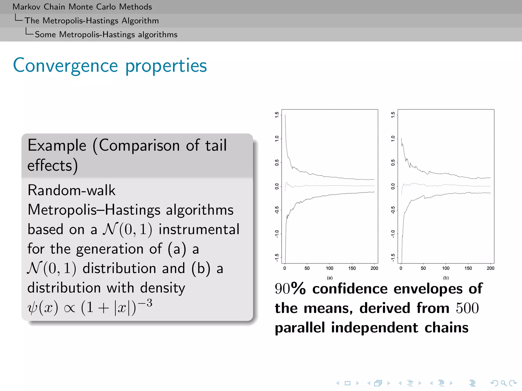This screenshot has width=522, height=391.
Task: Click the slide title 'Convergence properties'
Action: [x=110, y=66]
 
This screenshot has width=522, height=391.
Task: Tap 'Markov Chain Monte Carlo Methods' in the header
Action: [x=82, y=7]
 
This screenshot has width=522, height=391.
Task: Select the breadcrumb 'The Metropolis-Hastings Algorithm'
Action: [x=92, y=21]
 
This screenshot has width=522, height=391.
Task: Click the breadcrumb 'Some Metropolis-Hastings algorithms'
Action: [x=106, y=35]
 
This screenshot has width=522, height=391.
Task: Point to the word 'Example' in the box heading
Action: [x=57, y=146]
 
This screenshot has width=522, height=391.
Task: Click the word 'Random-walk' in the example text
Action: [x=71, y=190]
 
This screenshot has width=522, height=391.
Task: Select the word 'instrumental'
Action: [x=199, y=229]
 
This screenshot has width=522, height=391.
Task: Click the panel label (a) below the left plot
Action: [x=330, y=278]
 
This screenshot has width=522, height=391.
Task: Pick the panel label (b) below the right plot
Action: [x=446, y=278]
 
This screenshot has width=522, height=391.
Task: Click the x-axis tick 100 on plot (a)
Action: [x=329, y=268]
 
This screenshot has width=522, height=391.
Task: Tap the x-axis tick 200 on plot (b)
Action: [x=490, y=268]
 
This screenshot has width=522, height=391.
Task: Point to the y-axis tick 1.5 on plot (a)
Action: [x=277, y=115]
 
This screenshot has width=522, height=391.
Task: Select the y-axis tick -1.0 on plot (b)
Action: [x=393, y=234]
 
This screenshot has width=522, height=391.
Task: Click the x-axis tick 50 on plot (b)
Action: [x=423, y=268]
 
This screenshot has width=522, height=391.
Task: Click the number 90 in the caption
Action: [x=282, y=289]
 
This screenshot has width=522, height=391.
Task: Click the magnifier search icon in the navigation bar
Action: [x=503, y=383]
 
